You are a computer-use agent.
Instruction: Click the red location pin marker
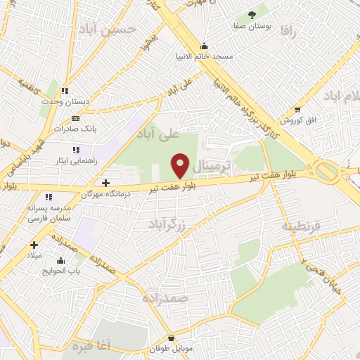[181, 165]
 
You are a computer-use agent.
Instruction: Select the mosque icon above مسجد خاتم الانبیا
[204, 45]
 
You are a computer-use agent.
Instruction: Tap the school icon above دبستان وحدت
[65, 91]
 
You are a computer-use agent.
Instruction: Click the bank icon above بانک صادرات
[76, 117]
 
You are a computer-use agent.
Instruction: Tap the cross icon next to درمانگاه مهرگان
[105, 183]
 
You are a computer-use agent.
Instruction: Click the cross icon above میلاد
[33, 245]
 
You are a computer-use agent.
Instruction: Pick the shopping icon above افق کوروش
[298, 110]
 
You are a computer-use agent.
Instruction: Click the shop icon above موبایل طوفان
[169, 337]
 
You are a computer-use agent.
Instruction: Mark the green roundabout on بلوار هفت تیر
[326, 171]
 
